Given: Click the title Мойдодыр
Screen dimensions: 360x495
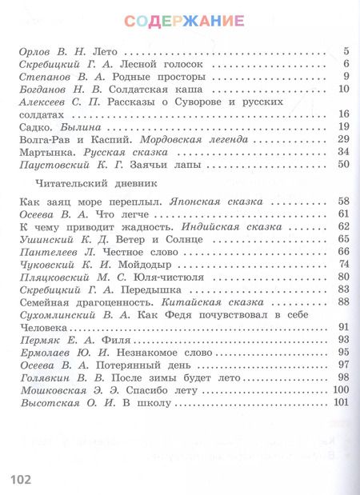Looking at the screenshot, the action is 146,264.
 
